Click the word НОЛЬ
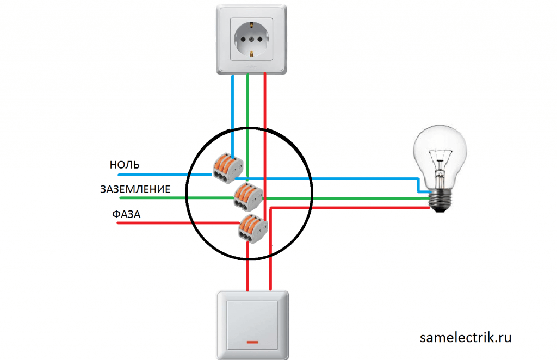coord(125,164)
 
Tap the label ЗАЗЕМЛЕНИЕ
coord(135,189)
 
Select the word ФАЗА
coord(126,214)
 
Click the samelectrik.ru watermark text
coord(466,337)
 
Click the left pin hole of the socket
coord(239,40)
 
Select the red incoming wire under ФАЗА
coord(163,222)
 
